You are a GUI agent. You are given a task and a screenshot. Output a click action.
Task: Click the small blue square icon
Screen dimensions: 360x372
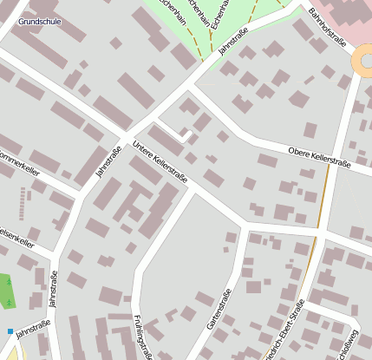10,331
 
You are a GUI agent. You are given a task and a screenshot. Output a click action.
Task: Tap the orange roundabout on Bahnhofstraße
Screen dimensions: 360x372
364,61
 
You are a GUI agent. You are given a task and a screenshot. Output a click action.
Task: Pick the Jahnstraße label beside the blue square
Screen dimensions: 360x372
33,327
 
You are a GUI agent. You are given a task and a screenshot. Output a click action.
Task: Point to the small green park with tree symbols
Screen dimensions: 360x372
7,291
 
